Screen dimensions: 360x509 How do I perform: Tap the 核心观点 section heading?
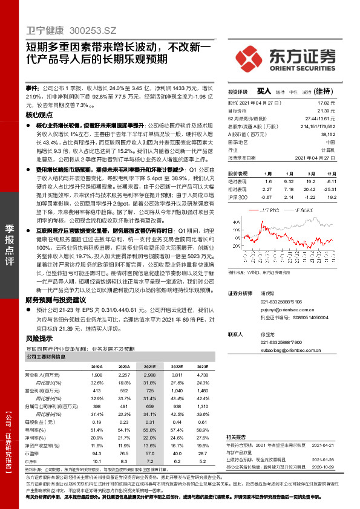tap(40, 114)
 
